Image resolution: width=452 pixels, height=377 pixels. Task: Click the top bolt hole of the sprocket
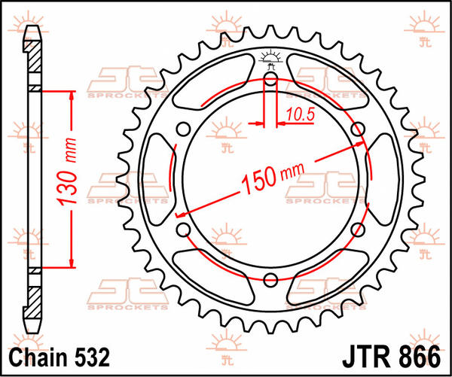pos(271,78)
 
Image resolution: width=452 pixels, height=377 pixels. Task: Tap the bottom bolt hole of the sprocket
pos(271,280)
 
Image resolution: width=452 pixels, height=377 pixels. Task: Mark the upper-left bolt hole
pos(183,129)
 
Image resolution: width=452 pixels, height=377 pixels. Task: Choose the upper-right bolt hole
pos(359,129)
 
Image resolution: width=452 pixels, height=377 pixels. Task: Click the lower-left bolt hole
pos(183,230)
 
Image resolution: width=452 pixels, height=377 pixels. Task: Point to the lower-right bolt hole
pos(359,230)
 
